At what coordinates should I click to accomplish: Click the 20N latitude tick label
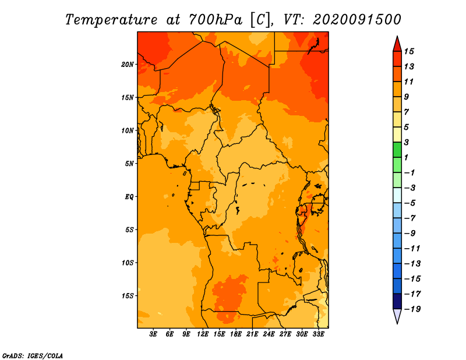tap(128, 65)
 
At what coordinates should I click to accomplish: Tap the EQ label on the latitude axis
tap(129, 197)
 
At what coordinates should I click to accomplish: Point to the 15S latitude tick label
tap(128, 296)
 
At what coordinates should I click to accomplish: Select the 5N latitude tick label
tap(129, 164)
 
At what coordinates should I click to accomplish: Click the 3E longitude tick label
tap(153, 334)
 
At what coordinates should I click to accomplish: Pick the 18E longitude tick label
tap(236, 334)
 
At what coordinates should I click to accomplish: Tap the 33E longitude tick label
tap(318, 334)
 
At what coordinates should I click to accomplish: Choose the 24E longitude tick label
tap(269, 334)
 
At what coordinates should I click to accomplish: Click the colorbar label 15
tap(409, 51)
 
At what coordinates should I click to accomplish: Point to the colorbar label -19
tap(412, 309)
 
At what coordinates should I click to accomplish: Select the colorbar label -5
tap(410, 203)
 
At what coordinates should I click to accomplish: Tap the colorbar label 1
tap(407, 157)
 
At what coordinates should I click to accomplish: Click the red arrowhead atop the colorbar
tap(397, 45)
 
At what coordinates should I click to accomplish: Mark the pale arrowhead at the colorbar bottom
tap(397, 315)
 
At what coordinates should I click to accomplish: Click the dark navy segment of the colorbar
tap(397, 301)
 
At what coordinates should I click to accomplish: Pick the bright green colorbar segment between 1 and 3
tap(397, 150)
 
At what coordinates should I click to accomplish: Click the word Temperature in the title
tap(111, 20)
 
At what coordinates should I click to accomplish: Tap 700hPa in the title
tap(216, 20)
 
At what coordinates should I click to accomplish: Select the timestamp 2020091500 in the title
tap(357, 20)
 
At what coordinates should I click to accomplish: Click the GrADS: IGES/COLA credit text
tap(33, 356)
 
